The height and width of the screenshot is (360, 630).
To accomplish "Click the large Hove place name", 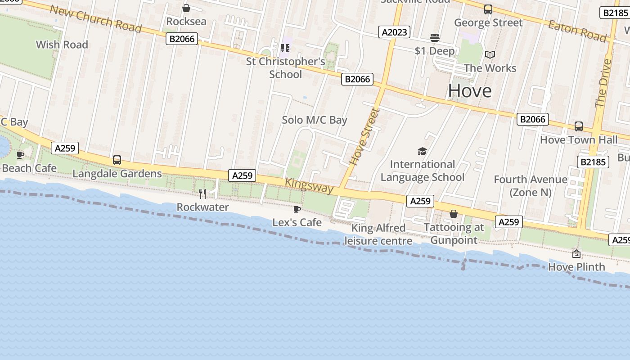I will click(x=470, y=91).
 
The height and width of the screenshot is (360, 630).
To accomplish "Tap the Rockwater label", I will click(x=202, y=207).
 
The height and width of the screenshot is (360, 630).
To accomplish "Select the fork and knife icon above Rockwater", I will click(x=202, y=193).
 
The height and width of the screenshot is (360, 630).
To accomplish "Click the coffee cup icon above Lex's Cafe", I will click(x=297, y=209).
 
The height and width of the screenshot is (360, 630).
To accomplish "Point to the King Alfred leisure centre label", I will click(x=378, y=234).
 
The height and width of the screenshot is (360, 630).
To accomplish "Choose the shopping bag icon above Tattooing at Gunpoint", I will click(x=454, y=214).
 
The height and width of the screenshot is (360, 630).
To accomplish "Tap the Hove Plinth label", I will click(x=576, y=267).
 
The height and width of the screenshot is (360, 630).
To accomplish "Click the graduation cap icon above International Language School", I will click(x=422, y=151).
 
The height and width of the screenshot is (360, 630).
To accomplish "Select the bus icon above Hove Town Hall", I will click(x=579, y=126).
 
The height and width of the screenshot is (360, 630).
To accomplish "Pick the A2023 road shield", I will click(x=394, y=32).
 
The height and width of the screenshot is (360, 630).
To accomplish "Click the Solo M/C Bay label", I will click(x=315, y=120).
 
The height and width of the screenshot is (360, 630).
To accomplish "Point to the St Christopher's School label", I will click(x=285, y=67).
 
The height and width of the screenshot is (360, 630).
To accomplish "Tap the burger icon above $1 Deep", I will click(x=435, y=37).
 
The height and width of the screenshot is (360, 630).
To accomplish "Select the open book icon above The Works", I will click(x=490, y=55).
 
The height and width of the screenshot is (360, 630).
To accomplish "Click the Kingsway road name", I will click(x=310, y=185).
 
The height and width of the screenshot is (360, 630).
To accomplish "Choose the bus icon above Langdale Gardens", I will click(x=117, y=160).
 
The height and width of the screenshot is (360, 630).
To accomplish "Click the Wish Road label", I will click(x=62, y=45).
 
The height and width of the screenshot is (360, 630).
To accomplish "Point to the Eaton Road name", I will click(x=577, y=31).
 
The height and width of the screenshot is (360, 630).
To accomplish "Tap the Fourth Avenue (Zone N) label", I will click(x=531, y=186).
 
